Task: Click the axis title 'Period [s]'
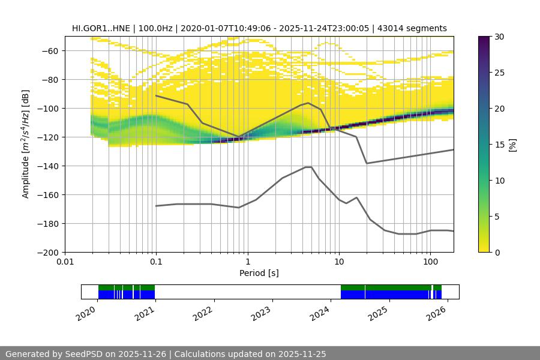[259, 274]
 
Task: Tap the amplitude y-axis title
[26, 144]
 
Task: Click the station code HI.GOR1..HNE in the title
[105, 28]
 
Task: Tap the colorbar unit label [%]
[513, 144]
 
